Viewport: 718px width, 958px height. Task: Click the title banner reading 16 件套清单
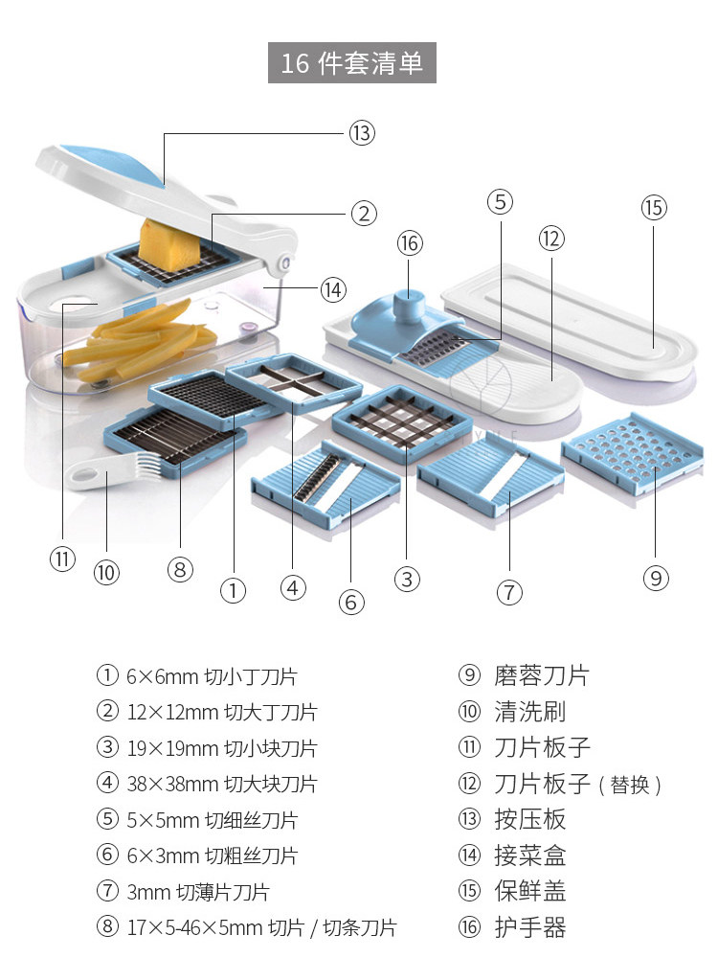351,63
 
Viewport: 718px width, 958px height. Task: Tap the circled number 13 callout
361,133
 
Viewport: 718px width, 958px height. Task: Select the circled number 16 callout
410,243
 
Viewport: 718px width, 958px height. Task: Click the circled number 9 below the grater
656,578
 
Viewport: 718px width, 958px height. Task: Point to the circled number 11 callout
62,559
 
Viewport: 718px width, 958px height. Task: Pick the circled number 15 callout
654,208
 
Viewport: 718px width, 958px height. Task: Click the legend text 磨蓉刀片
541,676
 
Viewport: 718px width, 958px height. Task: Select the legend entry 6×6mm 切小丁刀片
211,677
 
